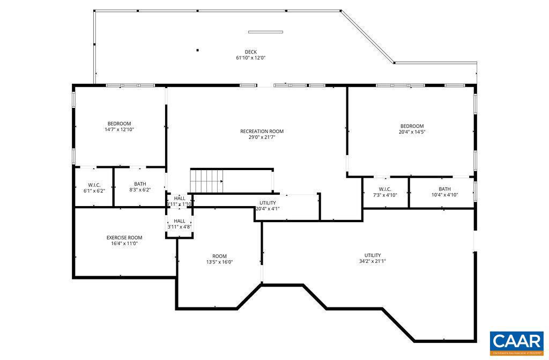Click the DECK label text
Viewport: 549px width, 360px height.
(250, 52)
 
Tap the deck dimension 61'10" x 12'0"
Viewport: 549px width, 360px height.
(250, 58)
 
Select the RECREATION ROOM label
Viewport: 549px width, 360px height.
(262, 131)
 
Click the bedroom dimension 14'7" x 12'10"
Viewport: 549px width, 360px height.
(119, 129)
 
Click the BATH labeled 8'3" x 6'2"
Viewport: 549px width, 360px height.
(140, 184)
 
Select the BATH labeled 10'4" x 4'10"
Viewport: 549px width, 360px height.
(444, 189)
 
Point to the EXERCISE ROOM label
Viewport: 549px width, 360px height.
(124, 238)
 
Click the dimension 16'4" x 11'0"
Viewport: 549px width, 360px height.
(124, 244)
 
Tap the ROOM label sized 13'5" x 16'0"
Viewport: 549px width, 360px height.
(219, 256)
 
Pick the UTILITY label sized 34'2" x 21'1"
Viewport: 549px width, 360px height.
(372, 255)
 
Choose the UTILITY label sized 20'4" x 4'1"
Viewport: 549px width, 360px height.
(268, 203)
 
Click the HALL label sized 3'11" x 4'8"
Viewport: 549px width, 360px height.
(180, 221)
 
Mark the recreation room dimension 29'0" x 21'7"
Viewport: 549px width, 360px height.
(262, 137)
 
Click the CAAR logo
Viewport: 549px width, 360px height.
(516, 342)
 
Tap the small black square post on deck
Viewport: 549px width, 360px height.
(197, 50)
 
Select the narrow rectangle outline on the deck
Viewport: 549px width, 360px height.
(265, 32)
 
